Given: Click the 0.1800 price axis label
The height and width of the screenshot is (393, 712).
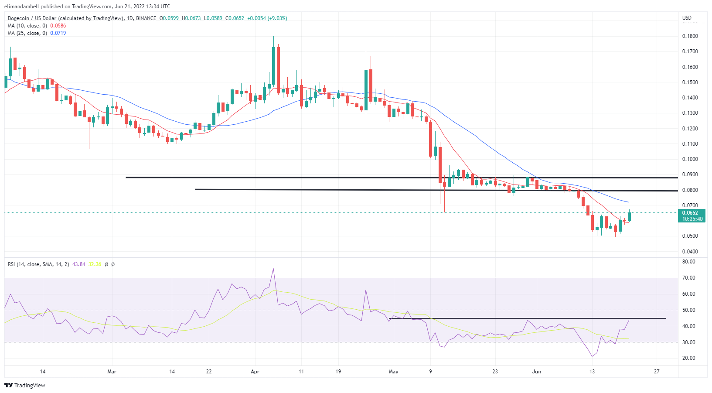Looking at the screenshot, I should point(690,36).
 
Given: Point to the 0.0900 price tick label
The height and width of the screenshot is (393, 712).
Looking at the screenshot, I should point(690,174).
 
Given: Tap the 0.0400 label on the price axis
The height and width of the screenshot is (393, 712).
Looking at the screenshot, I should point(690,252).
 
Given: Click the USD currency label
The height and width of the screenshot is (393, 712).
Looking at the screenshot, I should point(687,18).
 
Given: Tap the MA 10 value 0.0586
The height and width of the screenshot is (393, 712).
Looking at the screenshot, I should point(58,26).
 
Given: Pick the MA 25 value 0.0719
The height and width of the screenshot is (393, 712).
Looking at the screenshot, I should point(58,33).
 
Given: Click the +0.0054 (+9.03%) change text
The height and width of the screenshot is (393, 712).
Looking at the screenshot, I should point(267,18).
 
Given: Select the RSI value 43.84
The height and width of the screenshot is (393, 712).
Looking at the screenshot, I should point(79,264).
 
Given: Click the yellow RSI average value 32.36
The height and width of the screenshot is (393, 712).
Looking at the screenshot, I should point(95,264).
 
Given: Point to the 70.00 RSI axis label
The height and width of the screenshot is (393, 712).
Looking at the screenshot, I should point(689,278).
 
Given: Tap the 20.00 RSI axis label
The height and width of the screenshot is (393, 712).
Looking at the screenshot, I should point(689,358).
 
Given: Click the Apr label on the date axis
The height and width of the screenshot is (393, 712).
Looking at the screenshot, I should point(255,372).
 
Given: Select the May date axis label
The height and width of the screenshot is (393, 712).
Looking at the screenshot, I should point(393,372).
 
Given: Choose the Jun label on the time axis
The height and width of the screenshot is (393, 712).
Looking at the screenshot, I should point(537,372).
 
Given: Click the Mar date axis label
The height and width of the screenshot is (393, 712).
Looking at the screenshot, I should point(112,372).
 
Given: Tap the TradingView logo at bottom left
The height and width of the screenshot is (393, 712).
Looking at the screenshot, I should point(25,386).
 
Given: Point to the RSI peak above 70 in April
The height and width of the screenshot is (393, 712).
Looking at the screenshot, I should point(273,269).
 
